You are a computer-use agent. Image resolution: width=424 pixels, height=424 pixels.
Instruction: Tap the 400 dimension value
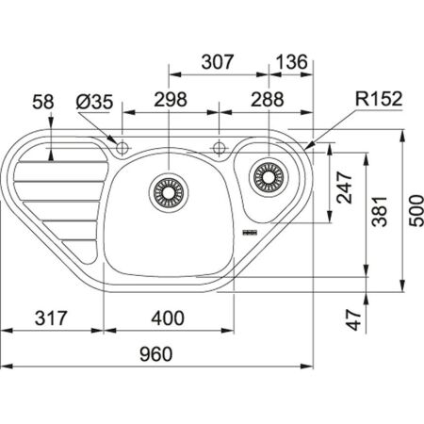click(167, 318)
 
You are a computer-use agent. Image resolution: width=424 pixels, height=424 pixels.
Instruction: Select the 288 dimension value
click(269, 99)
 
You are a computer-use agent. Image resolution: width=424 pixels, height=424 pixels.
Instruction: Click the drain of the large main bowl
click(169, 191)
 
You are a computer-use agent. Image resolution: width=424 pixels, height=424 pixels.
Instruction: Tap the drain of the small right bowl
click(269, 174)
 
